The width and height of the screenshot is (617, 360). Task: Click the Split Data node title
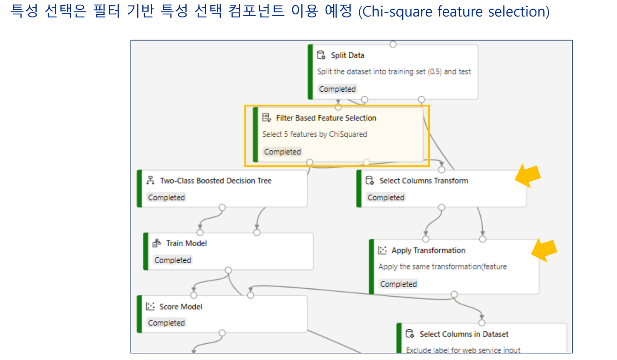tap(347, 55)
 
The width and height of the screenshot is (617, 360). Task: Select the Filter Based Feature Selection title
tap(326, 118)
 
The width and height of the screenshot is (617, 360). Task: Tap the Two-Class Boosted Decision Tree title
tap(216, 181)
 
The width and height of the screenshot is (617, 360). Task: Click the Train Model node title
tap(187, 243)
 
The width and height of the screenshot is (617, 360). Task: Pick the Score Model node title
tap(181, 307)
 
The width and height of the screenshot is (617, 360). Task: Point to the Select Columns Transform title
tap(424, 181)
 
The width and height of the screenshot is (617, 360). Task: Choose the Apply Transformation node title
tap(428, 251)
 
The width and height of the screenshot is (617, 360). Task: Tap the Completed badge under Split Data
tap(337, 89)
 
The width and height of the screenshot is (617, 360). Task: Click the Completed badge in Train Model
tap(173, 260)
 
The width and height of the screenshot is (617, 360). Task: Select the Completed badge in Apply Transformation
tap(398, 284)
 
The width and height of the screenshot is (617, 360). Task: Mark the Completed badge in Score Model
tap(166, 323)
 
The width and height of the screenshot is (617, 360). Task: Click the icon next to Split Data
tap(321, 55)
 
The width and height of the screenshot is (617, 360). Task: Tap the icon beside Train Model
tap(157, 243)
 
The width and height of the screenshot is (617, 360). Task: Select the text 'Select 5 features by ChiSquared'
tap(314, 134)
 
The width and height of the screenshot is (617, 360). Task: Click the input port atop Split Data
tap(393, 44)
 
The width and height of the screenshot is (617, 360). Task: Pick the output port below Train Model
tap(228, 270)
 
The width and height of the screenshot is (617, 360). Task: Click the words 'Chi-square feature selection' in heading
tap(453, 12)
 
